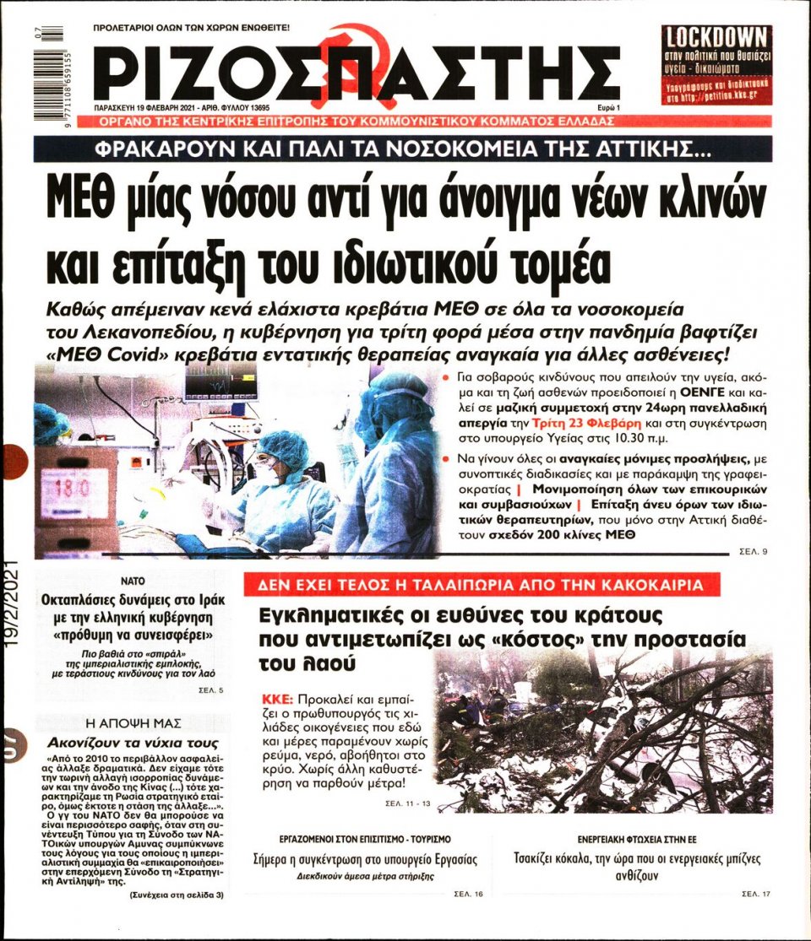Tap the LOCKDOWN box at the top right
716,65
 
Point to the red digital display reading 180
75,489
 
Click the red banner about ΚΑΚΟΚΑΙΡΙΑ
482,585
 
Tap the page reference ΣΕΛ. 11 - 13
407,803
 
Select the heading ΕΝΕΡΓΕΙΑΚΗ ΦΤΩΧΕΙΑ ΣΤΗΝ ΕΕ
638,840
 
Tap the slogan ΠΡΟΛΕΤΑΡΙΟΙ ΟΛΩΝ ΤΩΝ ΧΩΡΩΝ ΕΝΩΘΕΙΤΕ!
191,27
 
